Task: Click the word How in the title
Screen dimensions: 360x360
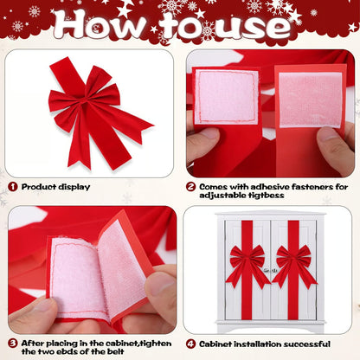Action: coord(102,26)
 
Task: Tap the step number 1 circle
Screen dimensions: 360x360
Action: coord(12,186)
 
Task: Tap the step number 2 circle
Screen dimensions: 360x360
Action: coord(191,186)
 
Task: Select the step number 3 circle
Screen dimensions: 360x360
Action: coord(12,342)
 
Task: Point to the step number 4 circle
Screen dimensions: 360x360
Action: coord(191,342)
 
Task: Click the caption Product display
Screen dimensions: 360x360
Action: coord(55,186)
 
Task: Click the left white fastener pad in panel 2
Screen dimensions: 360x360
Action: coord(227,97)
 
